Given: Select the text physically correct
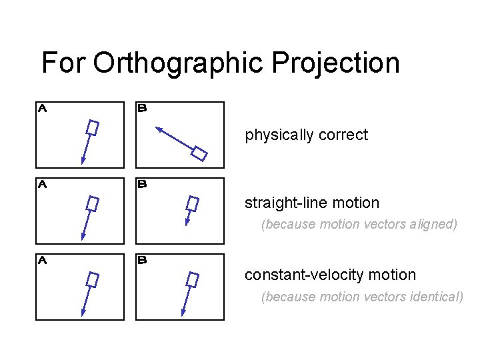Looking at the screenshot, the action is (x=306, y=135).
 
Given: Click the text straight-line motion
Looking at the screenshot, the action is (x=311, y=203).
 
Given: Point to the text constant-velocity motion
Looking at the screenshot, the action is (x=330, y=275).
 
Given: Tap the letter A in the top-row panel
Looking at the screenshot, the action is (x=41, y=107).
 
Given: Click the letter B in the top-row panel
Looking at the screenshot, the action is (x=142, y=107).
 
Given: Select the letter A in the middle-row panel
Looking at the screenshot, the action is (x=41, y=185).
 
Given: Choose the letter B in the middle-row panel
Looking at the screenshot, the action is (x=142, y=185).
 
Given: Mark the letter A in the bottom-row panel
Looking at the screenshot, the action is (x=41, y=261).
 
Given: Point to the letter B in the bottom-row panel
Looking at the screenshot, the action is (x=142, y=261).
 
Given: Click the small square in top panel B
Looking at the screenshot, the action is (x=199, y=153).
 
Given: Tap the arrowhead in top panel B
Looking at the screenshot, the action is (x=159, y=129).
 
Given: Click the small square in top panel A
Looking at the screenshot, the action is (x=93, y=127).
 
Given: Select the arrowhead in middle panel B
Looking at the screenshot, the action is (x=187, y=222).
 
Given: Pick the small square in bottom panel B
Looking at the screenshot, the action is (x=193, y=279).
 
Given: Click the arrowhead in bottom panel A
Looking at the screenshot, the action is (x=83, y=311).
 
